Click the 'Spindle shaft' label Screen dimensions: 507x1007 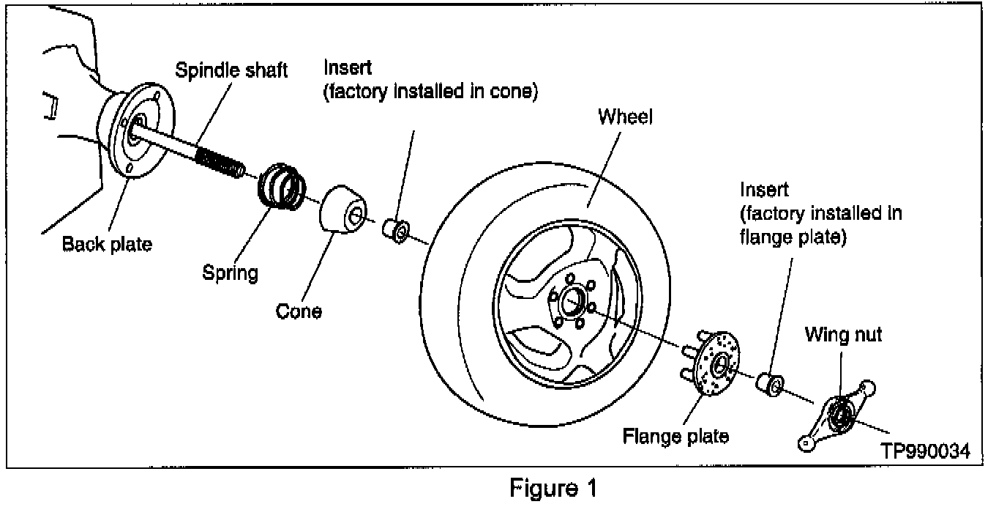coord(231,70)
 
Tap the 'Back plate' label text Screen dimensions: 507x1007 coord(107,244)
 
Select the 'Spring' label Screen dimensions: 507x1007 coord(231,273)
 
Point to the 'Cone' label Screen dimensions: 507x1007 coord(299,311)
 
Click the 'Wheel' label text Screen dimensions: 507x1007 coord(625,116)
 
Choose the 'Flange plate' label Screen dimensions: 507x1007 coord(675,436)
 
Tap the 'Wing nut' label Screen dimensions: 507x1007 coord(843,335)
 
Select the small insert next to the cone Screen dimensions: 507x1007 coord(396,229)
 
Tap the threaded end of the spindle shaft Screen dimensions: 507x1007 coord(220,162)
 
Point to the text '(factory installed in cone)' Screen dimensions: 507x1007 coord(431,93)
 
